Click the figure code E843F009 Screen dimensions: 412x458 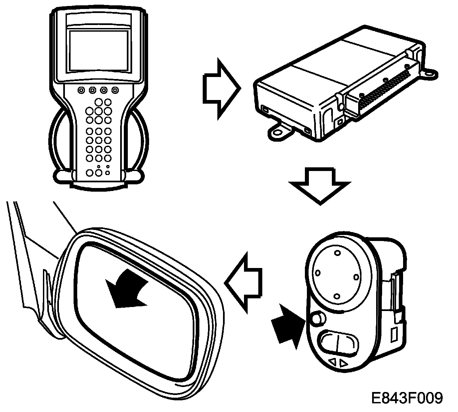tap(407, 398)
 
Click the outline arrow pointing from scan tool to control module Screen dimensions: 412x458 tap(221, 88)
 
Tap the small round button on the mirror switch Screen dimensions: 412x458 tap(319, 318)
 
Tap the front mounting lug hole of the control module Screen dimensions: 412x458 tap(277, 132)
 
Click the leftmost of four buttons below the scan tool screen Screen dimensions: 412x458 tap(81, 90)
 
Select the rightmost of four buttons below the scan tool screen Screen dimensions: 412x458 tap(115, 90)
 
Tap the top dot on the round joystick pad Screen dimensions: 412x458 tap(337, 253)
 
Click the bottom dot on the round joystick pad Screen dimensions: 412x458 tap(337, 296)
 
